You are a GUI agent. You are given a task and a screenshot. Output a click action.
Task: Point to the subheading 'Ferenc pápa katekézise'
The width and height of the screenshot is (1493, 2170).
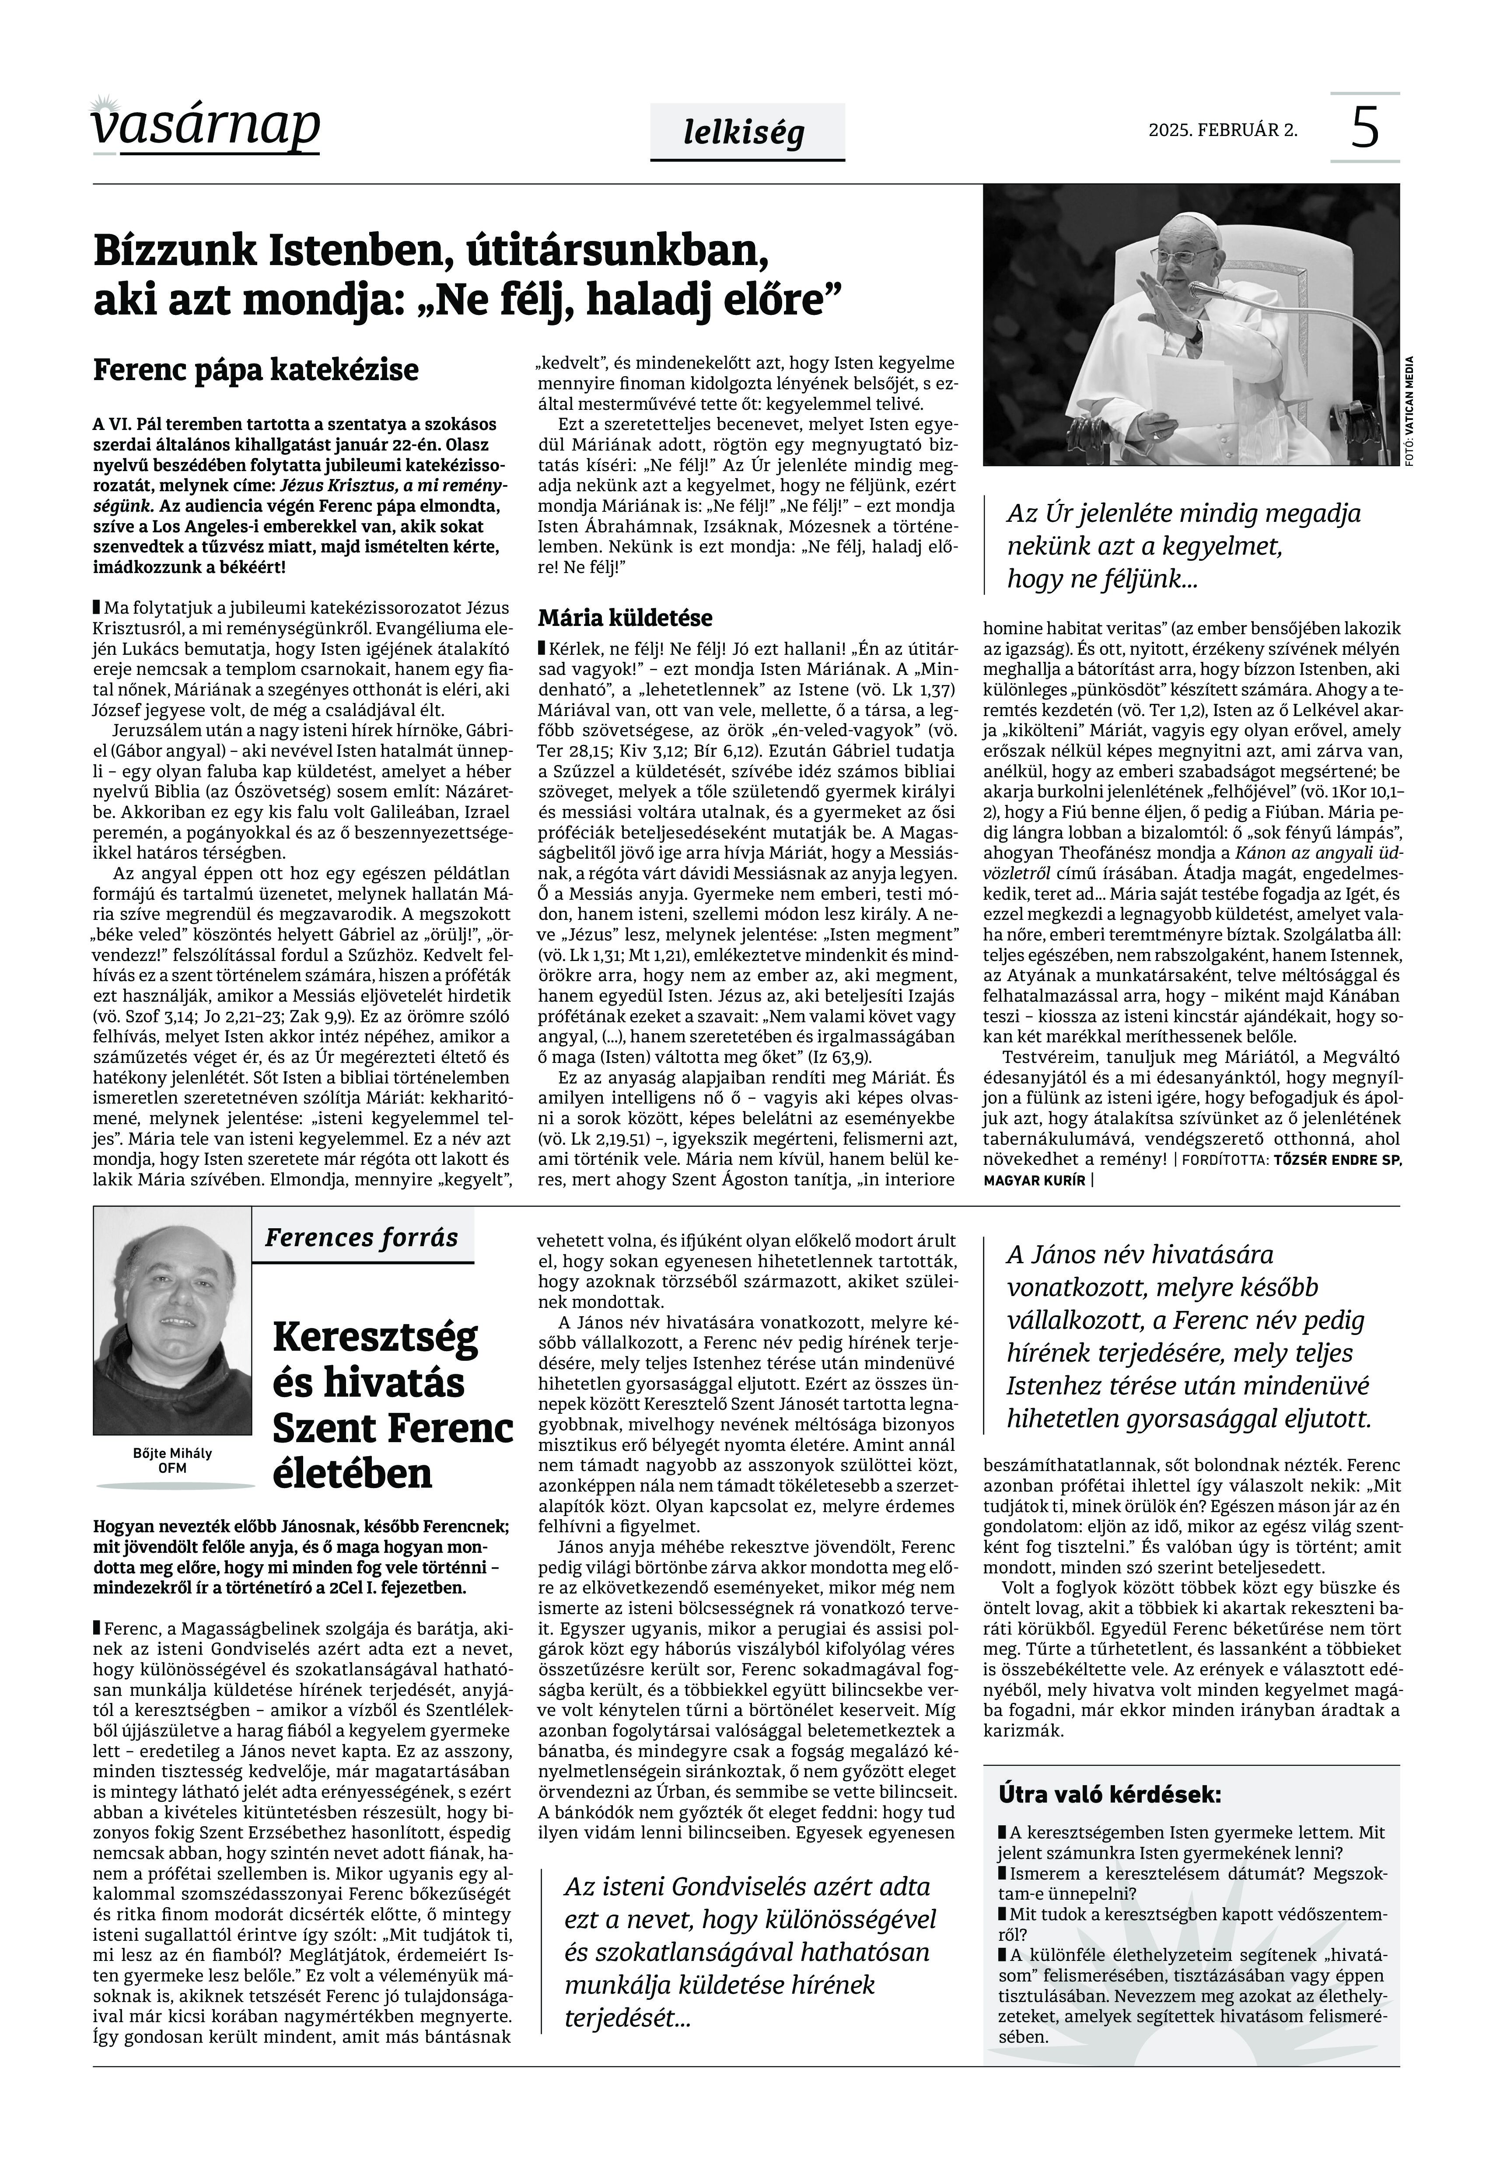255,370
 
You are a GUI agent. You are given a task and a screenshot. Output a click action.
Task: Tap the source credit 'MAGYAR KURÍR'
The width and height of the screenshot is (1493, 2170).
1034,1181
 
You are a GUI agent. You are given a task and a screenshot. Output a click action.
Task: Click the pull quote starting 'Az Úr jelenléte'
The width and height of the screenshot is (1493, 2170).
1183,546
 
